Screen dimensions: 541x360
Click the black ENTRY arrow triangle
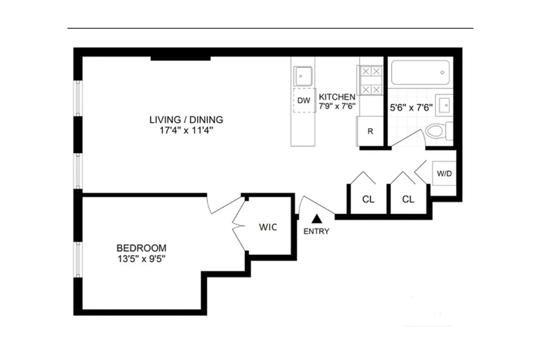click(x=317, y=219)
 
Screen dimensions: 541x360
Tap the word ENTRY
click(x=316, y=232)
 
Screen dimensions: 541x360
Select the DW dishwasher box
click(x=304, y=100)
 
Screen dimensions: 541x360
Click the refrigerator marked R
click(x=370, y=131)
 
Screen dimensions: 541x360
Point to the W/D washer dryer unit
click(x=444, y=173)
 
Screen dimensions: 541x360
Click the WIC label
click(x=268, y=227)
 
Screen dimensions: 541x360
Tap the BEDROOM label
click(x=141, y=248)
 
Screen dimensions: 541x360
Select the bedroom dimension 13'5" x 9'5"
click(x=141, y=259)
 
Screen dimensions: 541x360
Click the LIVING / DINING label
click(x=186, y=120)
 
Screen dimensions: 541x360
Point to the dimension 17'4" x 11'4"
click(x=186, y=131)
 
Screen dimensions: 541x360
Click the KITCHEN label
click(x=337, y=97)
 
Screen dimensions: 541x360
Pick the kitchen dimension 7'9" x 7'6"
click(x=337, y=106)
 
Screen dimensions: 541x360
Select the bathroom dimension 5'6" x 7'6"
click(x=411, y=107)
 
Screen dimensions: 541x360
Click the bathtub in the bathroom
click(x=420, y=73)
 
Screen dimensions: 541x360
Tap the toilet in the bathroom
click(x=439, y=131)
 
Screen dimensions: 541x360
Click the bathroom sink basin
click(x=444, y=105)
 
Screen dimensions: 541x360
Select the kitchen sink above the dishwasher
click(x=303, y=76)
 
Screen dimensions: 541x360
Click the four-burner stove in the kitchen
click(x=371, y=80)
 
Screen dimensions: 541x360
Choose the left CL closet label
click(x=368, y=199)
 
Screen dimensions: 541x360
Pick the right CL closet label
click(x=408, y=199)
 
